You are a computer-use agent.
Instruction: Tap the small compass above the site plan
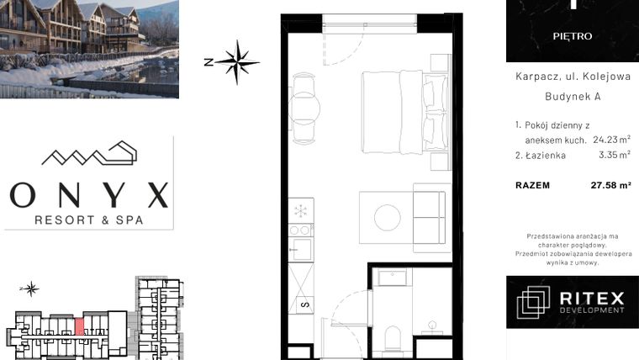32,289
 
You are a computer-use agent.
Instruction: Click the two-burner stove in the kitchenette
299,229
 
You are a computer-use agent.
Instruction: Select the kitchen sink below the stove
299,249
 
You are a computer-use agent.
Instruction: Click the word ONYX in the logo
89,195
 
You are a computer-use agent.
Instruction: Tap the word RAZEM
532,187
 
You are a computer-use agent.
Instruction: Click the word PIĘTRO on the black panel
573,36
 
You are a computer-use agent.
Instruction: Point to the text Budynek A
572,97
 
